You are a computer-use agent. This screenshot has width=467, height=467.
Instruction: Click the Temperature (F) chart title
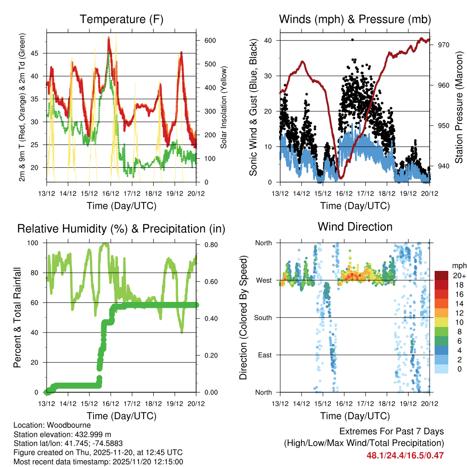tap(121, 20)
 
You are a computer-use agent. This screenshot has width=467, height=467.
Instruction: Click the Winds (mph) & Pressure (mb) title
tap(355, 20)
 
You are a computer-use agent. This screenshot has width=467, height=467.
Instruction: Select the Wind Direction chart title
tap(355, 227)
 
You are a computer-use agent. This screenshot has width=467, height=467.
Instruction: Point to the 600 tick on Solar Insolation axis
tap(210, 41)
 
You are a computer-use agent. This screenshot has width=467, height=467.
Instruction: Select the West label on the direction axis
tap(263, 280)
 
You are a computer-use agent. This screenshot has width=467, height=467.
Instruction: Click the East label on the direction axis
tap(264, 355)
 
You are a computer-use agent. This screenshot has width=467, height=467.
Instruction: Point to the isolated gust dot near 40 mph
tap(353, 40)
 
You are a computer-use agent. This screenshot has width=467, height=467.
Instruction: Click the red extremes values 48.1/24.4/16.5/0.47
tap(405, 455)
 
